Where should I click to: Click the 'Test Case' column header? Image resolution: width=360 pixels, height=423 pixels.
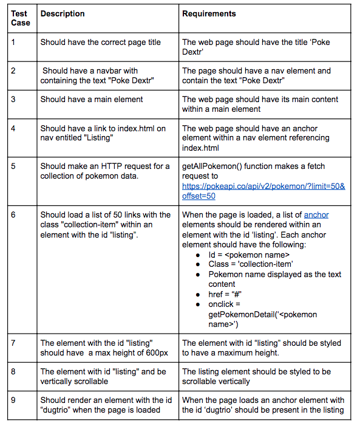pos(20,18)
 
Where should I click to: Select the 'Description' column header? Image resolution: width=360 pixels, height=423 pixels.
pos(63,13)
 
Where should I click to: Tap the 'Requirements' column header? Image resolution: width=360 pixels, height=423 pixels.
pos(209,13)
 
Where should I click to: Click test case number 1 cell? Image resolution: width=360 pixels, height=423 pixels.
pos(13,43)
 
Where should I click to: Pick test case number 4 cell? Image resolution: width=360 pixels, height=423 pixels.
pos(13,128)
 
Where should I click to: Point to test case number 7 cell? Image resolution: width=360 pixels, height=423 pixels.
pos(13,343)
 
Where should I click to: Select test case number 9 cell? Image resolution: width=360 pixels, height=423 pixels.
pos(13,400)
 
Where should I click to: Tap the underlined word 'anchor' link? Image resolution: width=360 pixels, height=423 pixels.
pos(316,215)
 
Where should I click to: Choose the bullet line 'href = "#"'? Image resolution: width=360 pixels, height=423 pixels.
pos(226,294)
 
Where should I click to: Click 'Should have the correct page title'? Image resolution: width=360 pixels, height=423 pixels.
pos(101,43)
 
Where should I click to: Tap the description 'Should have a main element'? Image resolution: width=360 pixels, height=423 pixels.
pos(92,99)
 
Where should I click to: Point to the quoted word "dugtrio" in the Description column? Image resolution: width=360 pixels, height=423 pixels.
pos(60,410)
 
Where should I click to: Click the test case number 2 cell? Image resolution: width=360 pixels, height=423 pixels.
pos(13,70)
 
